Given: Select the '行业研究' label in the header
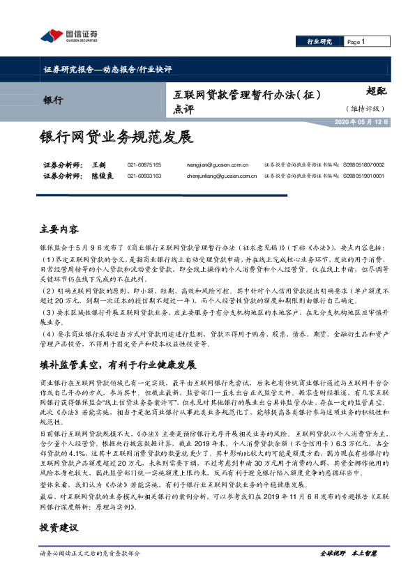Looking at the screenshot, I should pos(319,43).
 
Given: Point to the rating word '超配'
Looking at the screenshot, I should pos(377,91).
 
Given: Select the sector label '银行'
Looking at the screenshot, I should pos(53,100).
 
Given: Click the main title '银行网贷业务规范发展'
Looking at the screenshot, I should pos(115,137).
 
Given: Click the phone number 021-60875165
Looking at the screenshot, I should pos(144,165).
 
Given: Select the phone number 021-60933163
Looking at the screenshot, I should pos(144,176).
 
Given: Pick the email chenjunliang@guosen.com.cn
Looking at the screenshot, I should pos(222,176).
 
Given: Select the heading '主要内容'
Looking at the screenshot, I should pos(60,229).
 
